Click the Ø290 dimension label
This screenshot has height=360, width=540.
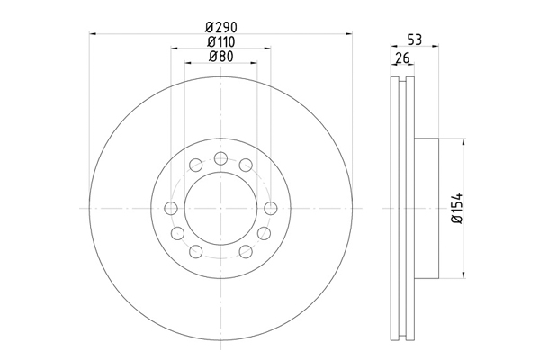(221, 26)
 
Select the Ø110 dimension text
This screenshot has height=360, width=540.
(221, 41)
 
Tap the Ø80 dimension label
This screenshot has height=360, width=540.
(221, 57)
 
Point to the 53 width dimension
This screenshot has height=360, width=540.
(415, 40)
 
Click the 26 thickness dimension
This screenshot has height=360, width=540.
(402, 58)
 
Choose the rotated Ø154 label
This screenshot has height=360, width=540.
(457, 209)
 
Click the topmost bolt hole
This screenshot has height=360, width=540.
(220, 158)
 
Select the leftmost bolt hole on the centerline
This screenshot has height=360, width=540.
(171, 209)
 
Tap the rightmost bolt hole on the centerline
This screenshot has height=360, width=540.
(271, 209)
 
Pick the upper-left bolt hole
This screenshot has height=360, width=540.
(196, 165)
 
